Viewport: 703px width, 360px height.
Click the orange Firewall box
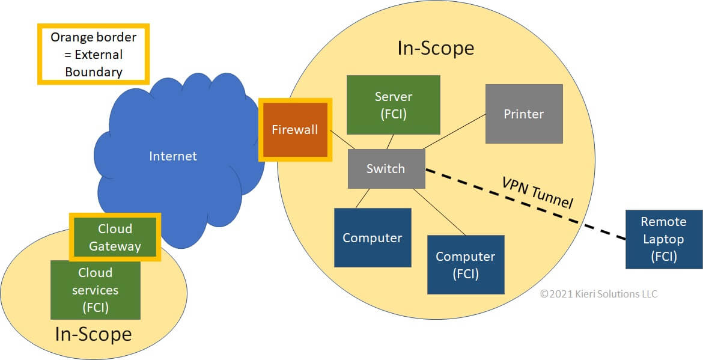294,130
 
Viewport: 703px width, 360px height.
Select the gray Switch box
386,168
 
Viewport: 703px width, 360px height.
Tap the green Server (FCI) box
394,105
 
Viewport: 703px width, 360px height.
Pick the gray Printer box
524,114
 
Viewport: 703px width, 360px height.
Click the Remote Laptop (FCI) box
663,239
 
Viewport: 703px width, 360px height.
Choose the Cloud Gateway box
115,237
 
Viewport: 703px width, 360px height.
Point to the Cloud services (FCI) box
95,290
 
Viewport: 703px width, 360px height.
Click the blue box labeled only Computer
373,237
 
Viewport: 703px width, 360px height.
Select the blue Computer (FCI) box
465,264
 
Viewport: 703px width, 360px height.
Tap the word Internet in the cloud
173,156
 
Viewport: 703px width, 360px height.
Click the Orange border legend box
93,54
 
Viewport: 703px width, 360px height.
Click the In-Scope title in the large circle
436,48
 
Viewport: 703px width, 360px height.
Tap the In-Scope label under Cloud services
93,334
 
